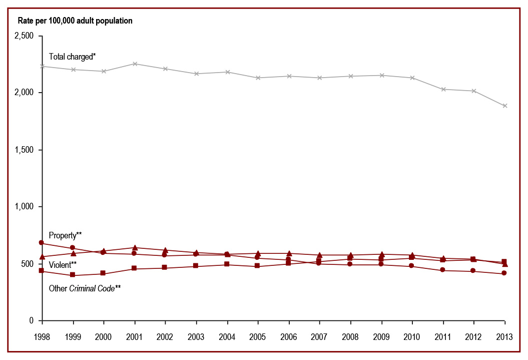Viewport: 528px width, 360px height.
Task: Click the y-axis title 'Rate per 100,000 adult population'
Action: point(75,21)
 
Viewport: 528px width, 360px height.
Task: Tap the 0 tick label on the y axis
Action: point(31,320)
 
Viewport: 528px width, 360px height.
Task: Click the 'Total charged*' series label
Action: point(72,57)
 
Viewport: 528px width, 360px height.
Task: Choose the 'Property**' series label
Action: point(65,235)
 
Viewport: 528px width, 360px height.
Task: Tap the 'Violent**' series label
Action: point(63,264)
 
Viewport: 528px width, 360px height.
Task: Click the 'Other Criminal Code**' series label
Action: point(85,288)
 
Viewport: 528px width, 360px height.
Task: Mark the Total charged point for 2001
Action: point(135,64)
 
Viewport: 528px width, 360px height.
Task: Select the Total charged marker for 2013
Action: point(504,106)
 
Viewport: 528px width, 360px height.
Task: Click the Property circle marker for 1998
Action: point(42,243)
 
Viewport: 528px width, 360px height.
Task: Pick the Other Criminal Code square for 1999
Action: point(73,275)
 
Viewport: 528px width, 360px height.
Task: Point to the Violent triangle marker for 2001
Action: point(135,247)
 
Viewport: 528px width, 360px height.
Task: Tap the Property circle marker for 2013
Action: point(504,273)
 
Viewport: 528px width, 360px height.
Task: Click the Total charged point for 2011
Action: point(443,89)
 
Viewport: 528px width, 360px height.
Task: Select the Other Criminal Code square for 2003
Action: point(196,266)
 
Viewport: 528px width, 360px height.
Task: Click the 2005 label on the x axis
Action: point(258,336)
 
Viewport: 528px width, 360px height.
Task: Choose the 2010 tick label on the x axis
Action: point(412,336)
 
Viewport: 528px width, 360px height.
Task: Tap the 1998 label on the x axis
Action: point(42,336)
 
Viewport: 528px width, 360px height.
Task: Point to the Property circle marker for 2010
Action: point(412,266)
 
